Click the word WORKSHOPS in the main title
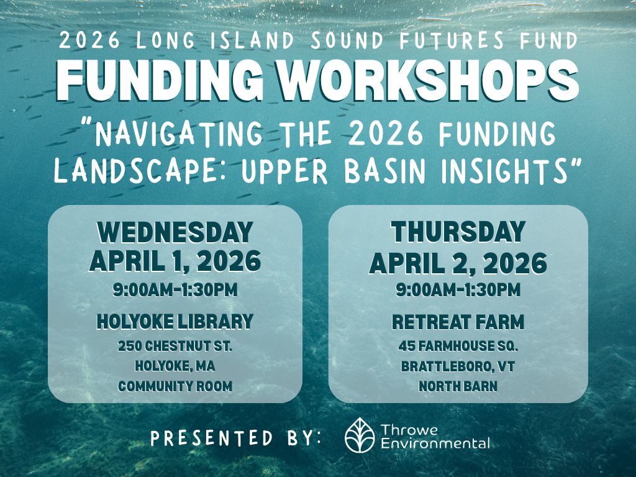tap(428, 79)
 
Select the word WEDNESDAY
tap(175, 233)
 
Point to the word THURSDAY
tap(458, 233)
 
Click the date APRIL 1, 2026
tap(175, 261)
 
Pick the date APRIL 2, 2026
tap(458, 263)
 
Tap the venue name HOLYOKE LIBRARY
tap(175, 321)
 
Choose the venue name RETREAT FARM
tap(458, 322)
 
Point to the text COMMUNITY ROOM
tap(175, 386)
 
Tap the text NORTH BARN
tap(458, 386)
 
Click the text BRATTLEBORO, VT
tap(458, 366)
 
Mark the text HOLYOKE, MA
tap(175, 366)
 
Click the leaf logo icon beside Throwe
tap(360, 435)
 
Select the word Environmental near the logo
tap(435, 443)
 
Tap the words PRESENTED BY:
tap(236, 438)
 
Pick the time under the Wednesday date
tap(175, 289)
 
